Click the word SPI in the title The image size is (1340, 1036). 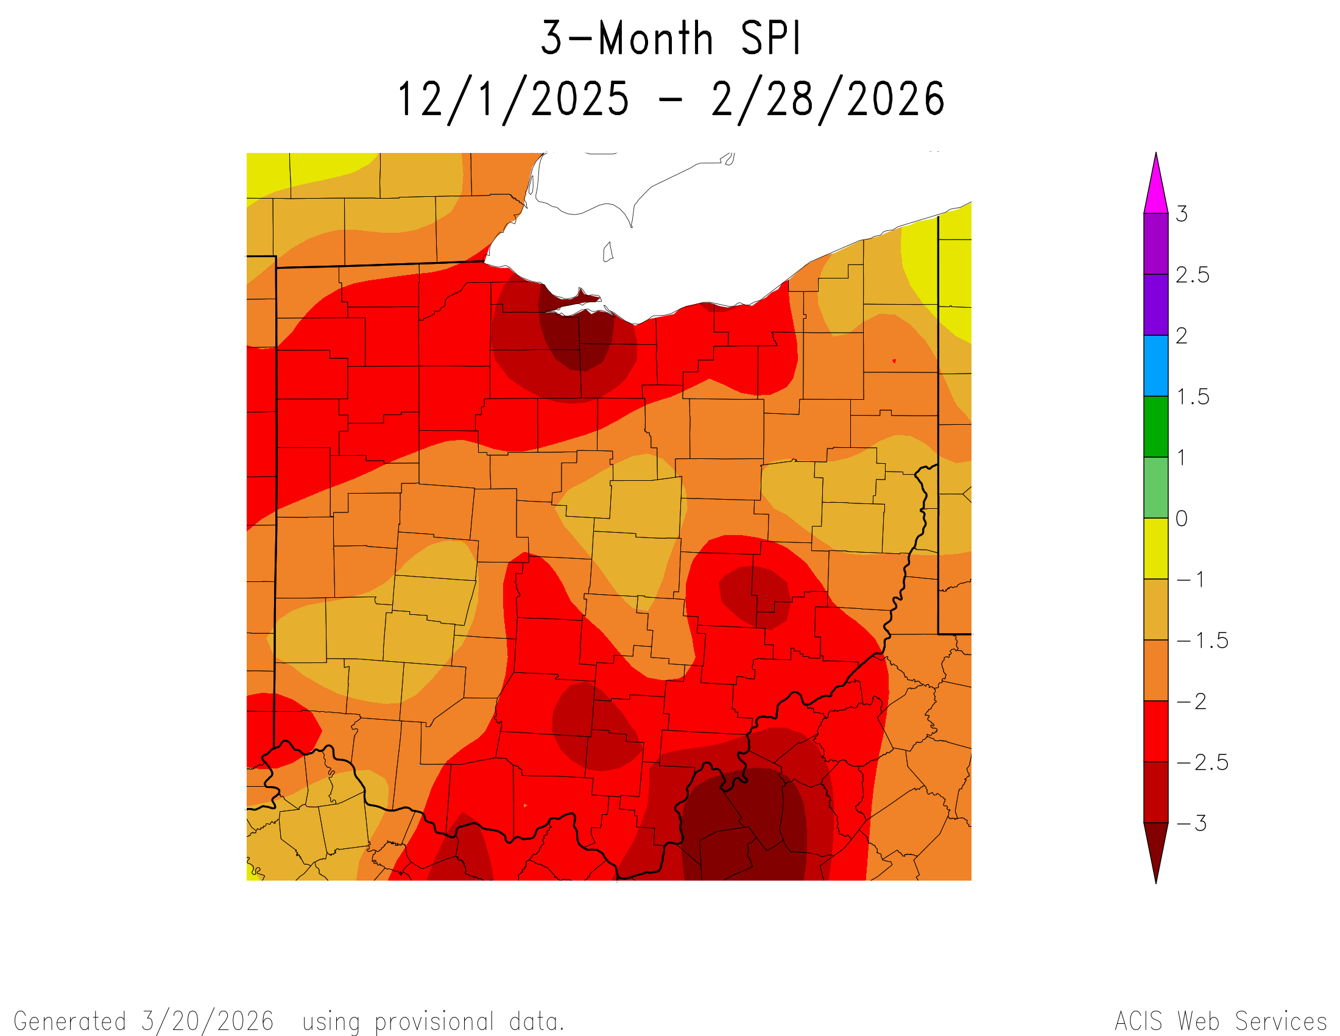click(x=770, y=38)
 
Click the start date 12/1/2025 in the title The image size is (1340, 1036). click(x=513, y=99)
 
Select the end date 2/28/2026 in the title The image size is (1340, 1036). click(x=828, y=99)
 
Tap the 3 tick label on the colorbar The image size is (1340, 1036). click(x=1182, y=214)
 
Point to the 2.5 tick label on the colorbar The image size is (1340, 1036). click(x=1192, y=275)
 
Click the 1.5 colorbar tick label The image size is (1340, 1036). click(x=1192, y=397)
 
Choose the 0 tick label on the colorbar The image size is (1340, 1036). click(x=1182, y=519)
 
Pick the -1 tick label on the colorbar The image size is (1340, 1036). click(x=1190, y=580)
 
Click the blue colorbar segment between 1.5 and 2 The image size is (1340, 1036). click(x=1156, y=365)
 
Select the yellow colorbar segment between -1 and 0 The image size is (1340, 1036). click(x=1156, y=548)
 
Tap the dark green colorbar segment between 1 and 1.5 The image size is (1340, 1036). click(x=1156, y=427)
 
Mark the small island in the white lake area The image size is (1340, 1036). click(x=608, y=252)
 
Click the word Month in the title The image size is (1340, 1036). click(x=656, y=38)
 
